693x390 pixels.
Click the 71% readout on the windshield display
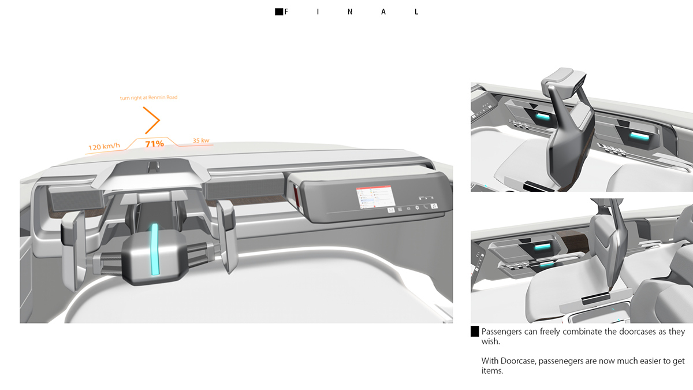coord(154,144)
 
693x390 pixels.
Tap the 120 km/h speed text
coord(104,147)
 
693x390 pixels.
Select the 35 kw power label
coord(201,140)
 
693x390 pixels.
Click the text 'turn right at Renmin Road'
coord(148,98)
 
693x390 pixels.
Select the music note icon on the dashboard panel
coord(433,206)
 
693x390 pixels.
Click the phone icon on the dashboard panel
coord(425,207)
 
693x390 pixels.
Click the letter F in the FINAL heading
coord(286,12)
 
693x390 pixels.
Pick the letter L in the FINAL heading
coord(416,12)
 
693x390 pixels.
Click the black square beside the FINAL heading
coord(279,12)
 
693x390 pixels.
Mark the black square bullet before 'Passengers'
coord(475,332)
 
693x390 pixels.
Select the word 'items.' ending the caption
coord(493,371)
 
